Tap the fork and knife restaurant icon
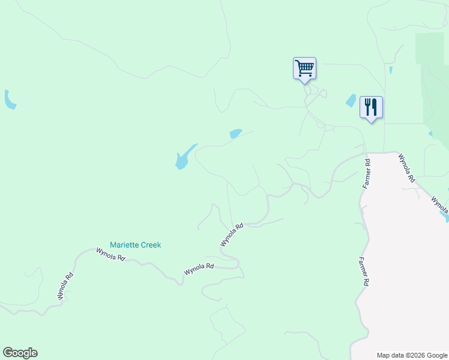tap(371, 108)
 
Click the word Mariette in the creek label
tap(124, 245)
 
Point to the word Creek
tap(151, 245)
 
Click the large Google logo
tap(20, 353)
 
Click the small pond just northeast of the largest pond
tap(235, 133)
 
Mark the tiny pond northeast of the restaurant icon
tap(391, 70)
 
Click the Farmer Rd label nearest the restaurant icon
tap(367, 173)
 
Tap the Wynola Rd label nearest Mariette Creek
tap(110, 254)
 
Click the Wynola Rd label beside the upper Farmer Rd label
tap(406, 168)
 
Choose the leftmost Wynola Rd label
tap(65, 286)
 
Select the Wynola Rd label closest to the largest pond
tap(231, 235)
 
